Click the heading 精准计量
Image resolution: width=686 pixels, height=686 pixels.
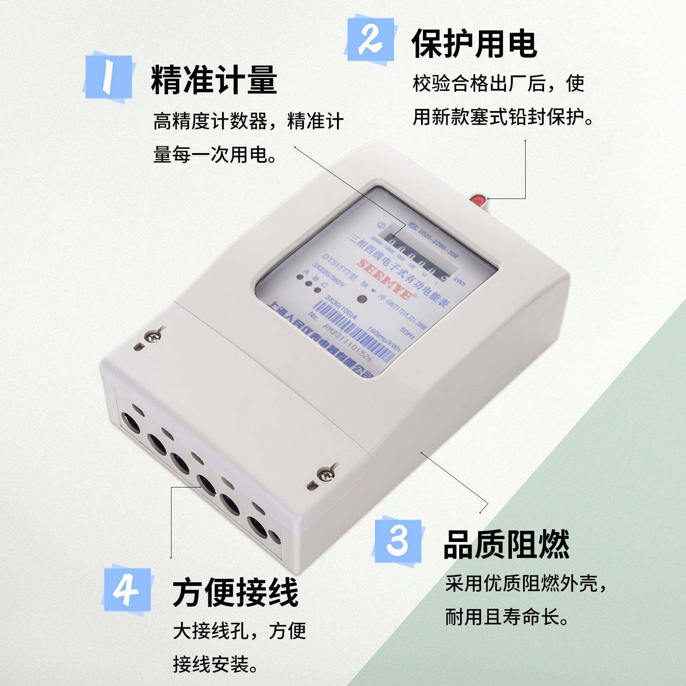[214, 80]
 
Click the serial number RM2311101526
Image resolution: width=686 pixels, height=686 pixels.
[348, 348]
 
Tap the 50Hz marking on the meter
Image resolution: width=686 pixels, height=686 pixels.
[406, 334]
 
